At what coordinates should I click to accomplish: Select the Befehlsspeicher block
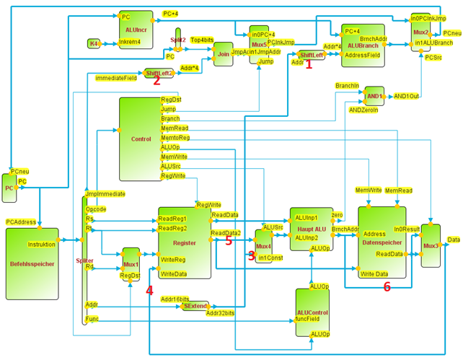32,263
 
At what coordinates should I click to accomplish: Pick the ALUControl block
312,312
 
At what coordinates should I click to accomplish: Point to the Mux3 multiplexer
431,245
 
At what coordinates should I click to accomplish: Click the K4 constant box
94,44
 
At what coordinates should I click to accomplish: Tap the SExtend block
193,306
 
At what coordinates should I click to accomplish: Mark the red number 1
309,64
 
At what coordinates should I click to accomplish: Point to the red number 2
156,81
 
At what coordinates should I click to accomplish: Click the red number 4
149,291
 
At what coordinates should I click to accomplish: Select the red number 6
387,286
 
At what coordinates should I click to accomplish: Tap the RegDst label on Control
172,100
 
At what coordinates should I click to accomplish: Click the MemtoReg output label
175,137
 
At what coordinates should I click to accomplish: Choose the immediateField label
116,77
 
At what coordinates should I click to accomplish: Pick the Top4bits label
202,40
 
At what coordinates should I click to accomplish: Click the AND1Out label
406,95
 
